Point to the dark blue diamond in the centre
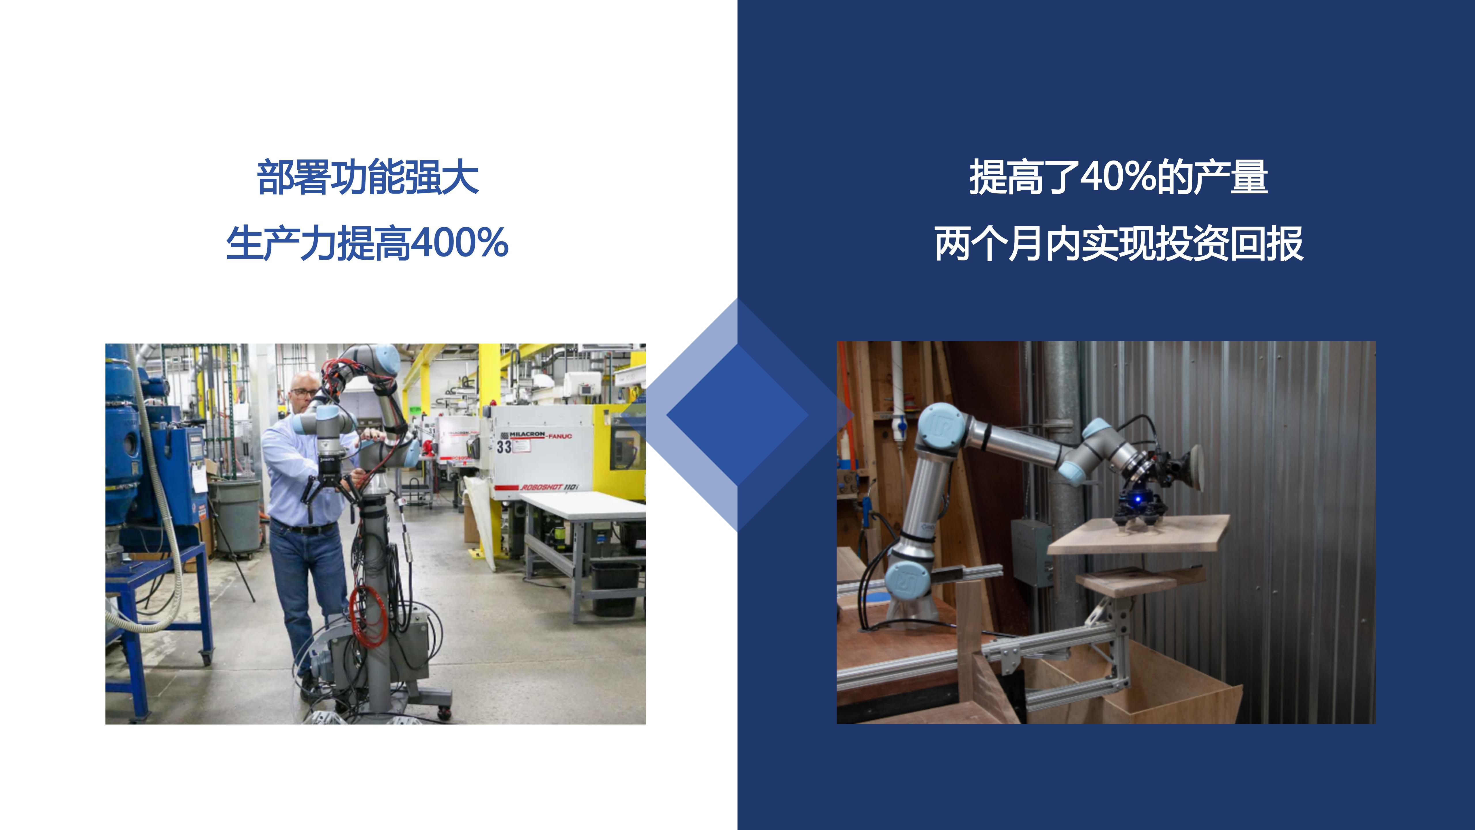point(737,415)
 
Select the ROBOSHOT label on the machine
point(549,487)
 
